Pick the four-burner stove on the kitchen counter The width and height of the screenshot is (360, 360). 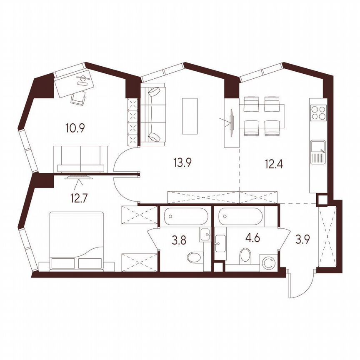[319, 112]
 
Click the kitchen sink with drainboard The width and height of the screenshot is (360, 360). [319, 152]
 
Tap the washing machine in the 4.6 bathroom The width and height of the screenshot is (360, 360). [270, 263]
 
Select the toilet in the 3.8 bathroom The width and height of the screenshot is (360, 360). [194, 257]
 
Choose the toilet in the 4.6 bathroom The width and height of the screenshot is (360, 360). [246, 255]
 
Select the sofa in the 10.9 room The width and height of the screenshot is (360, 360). [80, 159]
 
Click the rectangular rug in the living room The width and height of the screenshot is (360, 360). [190, 115]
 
